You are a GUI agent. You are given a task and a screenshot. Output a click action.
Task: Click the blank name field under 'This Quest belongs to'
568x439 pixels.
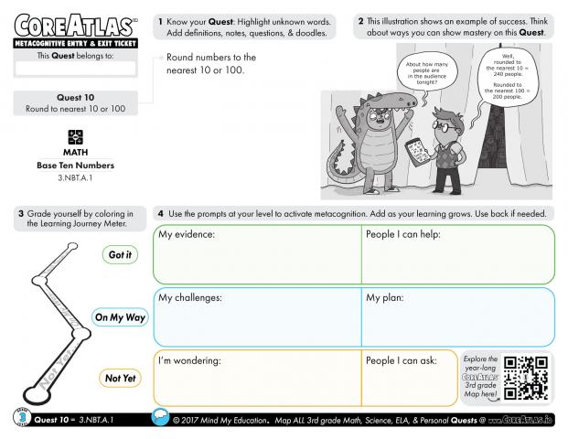[x=75, y=69]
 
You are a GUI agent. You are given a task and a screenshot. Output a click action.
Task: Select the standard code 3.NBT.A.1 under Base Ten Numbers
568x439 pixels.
[x=76, y=176]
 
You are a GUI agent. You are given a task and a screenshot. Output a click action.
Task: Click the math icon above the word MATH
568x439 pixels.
[x=76, y=136]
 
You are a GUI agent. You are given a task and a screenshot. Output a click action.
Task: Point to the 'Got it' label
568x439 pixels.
[x=120, y=255]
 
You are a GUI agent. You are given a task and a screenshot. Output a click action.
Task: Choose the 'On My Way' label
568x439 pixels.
[x=120, y=317]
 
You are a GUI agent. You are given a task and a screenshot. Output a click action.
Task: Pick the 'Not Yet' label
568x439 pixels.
[x=120, y=378]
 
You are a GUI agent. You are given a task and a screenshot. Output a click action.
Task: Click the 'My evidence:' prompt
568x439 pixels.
[x=187, y=235]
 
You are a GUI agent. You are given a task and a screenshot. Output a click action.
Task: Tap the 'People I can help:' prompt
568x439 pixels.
[x=403, y=235]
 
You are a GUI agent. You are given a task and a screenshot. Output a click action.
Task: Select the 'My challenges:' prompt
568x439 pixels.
[x=190, y=297]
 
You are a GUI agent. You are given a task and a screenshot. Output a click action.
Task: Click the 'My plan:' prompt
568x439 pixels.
[x=385, y=297]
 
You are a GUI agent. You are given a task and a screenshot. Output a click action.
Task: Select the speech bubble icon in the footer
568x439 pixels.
[x=161, y=419]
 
